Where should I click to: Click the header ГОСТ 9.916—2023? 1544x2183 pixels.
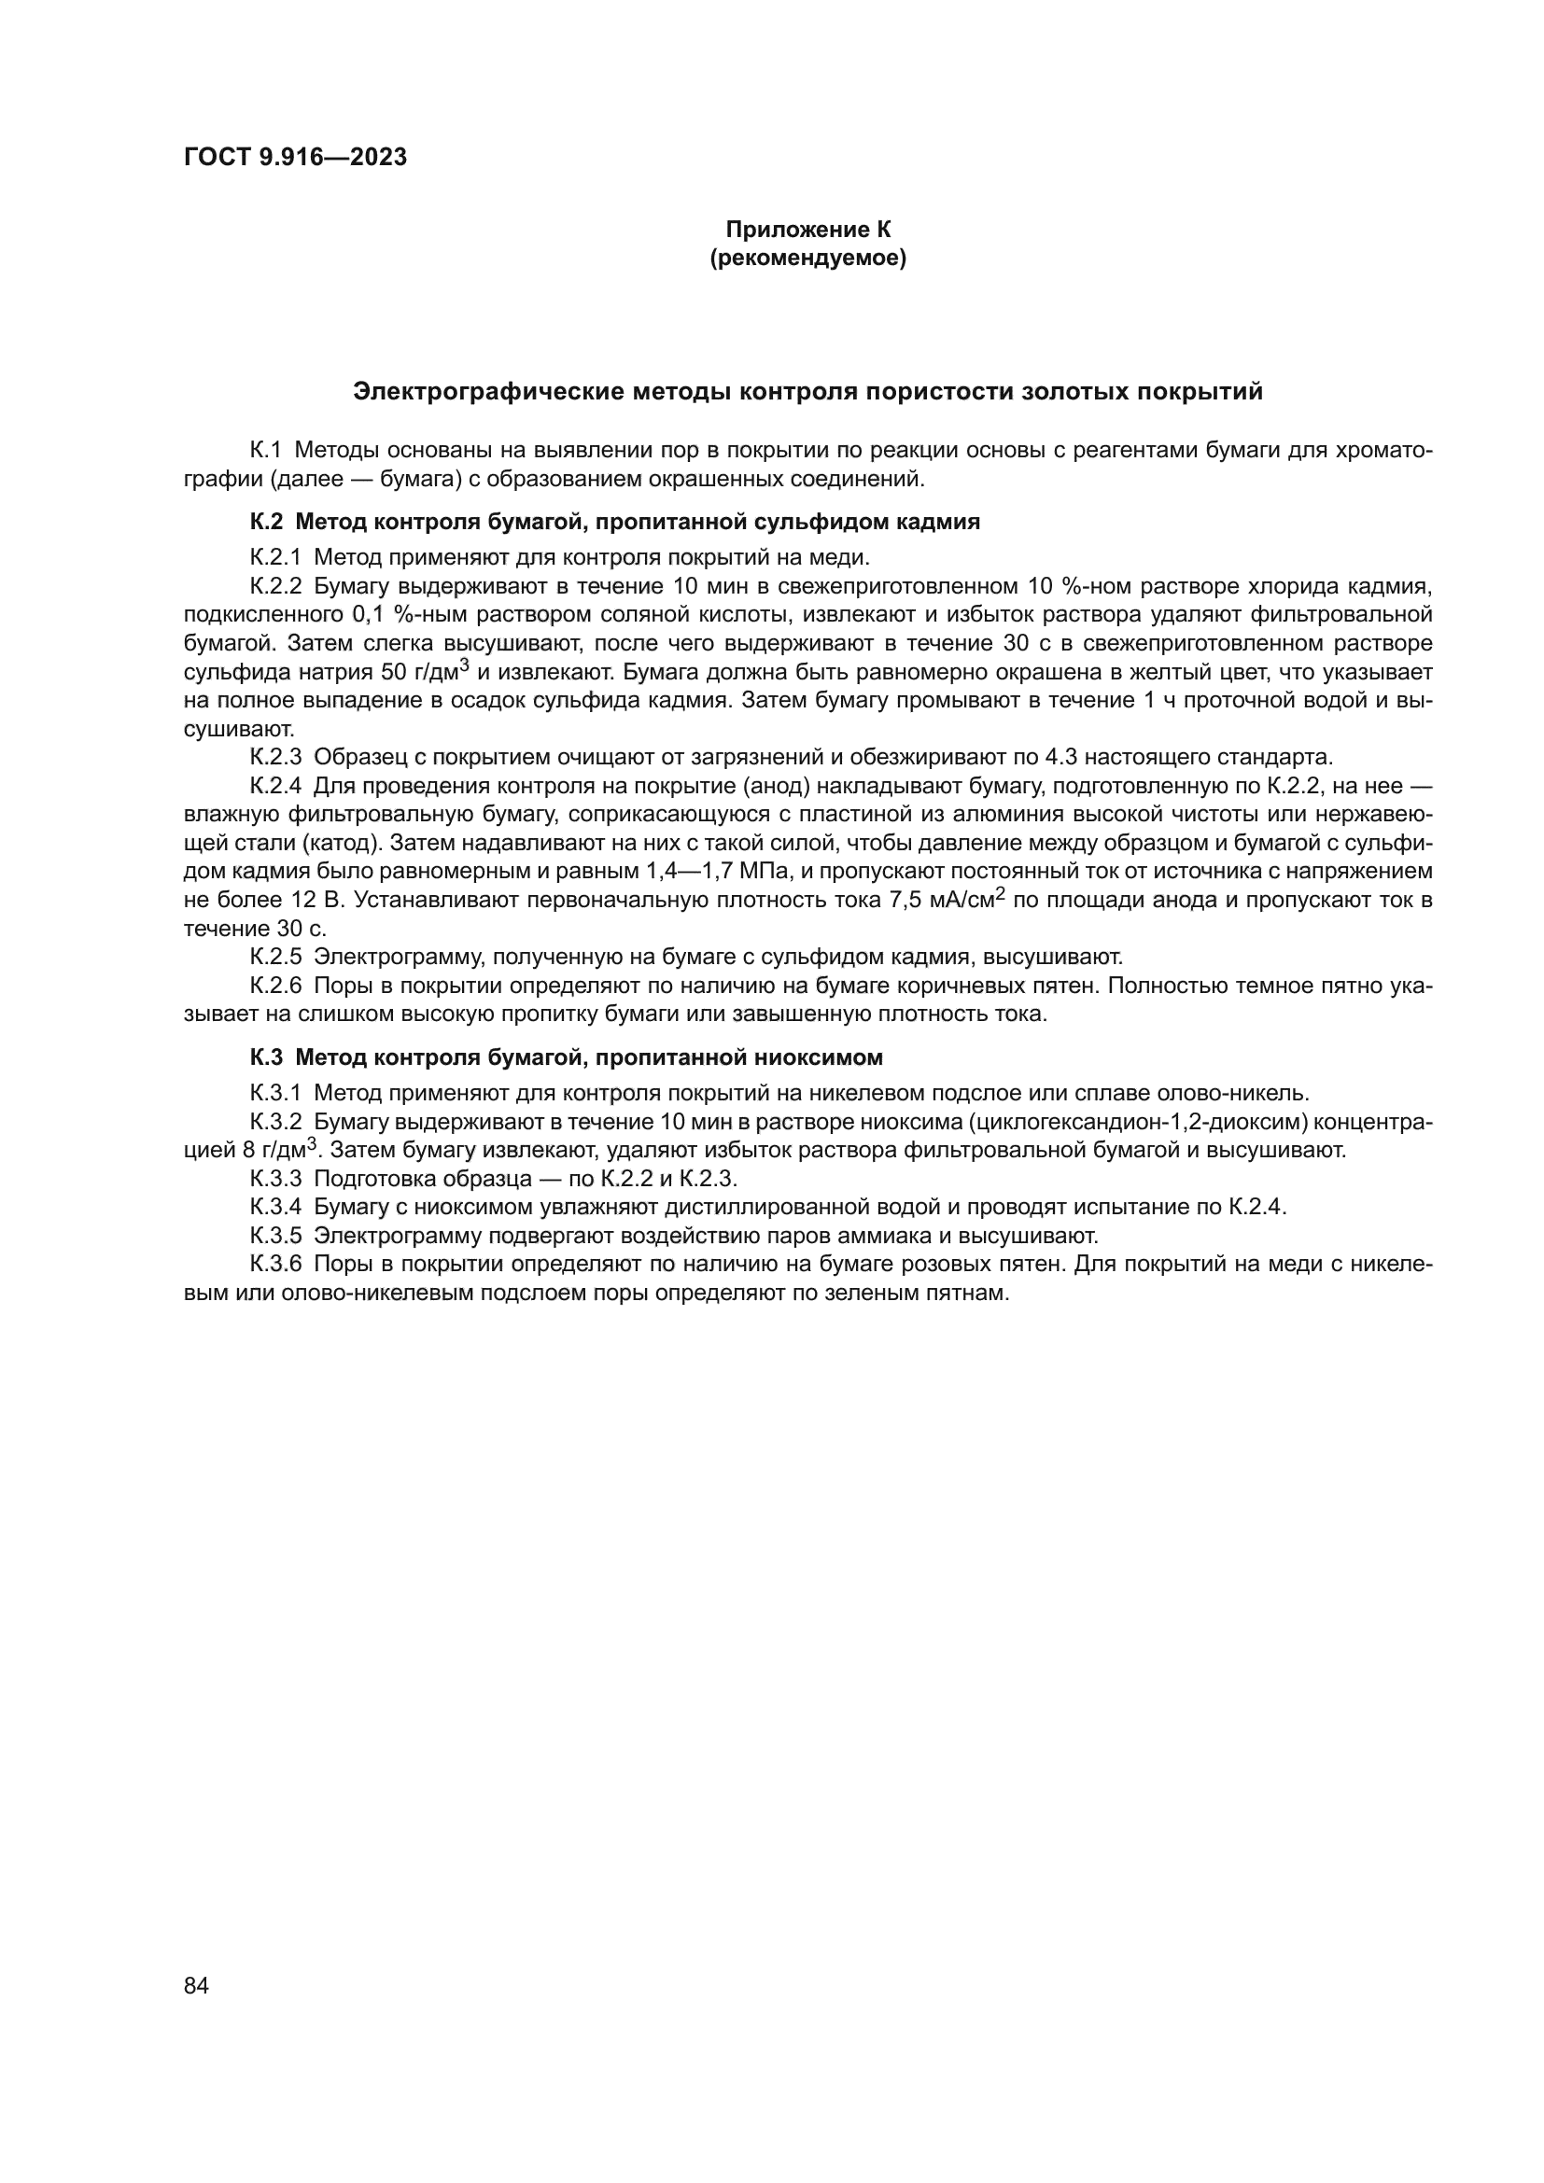point(295,157)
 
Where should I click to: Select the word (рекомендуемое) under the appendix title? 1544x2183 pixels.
point(808,258)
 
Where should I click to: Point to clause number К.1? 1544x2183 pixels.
point(266,451)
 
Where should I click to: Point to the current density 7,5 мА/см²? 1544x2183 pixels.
point(947,900)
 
